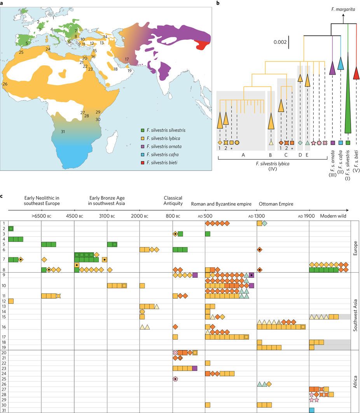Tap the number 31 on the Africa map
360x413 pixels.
pos(63,132)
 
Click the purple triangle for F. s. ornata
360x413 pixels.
pos(332,67)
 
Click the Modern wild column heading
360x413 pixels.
pos(333,216)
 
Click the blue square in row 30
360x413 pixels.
pos(312,410)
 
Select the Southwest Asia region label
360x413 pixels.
pos(355,310)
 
